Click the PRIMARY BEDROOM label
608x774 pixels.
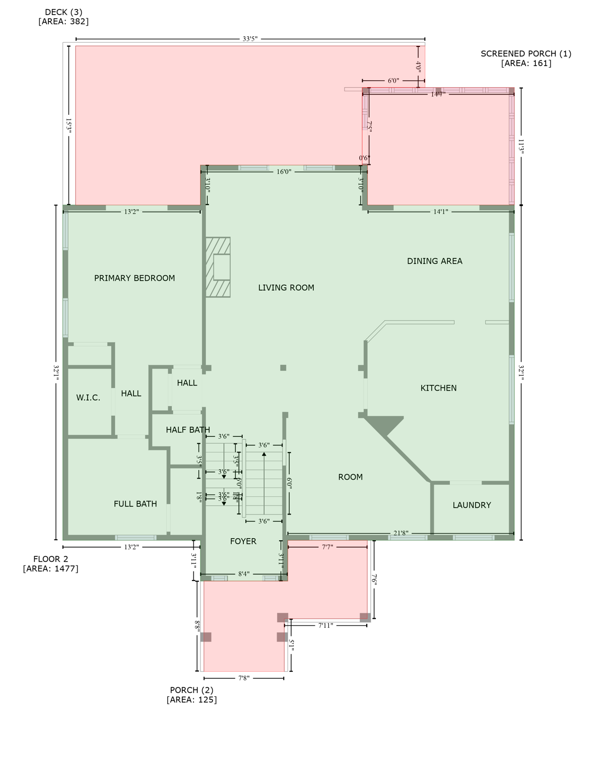coord(134,278)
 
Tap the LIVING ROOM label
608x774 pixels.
coord(286,288)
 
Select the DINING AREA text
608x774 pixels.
coord(434,261)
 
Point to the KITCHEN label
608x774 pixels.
coord(438,388)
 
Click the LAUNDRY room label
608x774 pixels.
coord(471,505)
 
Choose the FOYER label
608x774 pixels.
coord(243,541)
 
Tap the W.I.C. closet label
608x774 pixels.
coord(88,398)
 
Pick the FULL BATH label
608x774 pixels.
coord(135,504)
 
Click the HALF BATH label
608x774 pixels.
coord(188,430)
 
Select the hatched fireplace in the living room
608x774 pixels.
coord(218,267)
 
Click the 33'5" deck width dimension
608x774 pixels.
coord(250,39)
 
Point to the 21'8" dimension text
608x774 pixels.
coord(401,533)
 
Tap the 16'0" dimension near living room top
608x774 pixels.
coord(284,172)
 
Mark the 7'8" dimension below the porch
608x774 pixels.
coord(244,678)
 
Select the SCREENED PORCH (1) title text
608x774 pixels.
coord(526,53)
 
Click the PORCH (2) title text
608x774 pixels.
coord(191,690)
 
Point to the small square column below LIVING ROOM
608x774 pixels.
coord(283,368)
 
